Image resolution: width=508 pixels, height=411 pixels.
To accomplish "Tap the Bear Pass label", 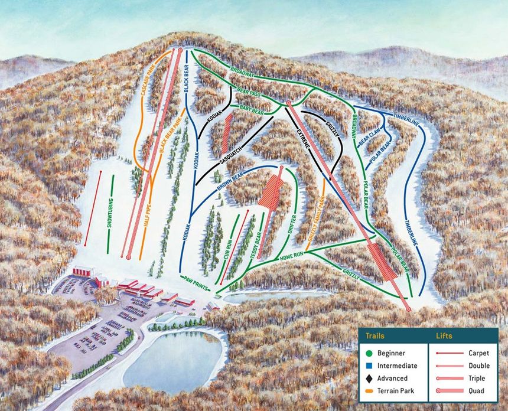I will click(249, 93).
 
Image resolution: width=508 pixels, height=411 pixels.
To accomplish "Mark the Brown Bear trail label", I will click(230, 184).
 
